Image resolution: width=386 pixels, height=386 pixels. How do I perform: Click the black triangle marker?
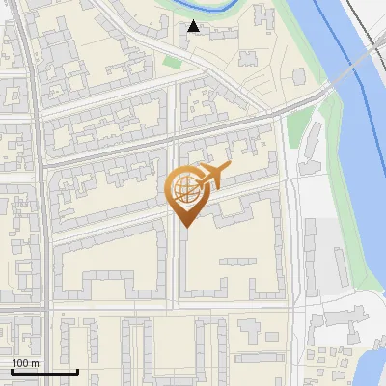[194, 26]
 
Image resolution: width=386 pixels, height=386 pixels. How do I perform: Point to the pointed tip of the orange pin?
[186, 228]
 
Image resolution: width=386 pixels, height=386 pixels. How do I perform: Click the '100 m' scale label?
[25, 363]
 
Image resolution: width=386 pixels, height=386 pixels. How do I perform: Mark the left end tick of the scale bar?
[12, 372]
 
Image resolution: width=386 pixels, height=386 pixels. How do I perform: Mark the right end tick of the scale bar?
[77, 372]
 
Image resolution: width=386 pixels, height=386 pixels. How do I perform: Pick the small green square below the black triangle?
[173, 63]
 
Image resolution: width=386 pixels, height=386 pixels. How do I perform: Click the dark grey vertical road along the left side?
[41, 193]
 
